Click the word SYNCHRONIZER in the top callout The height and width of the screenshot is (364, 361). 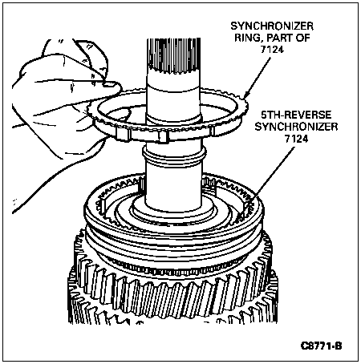pyautogui.click(x=272, y=26)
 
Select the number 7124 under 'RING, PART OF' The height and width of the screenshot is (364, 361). pyautogui.click(x=272, y=50)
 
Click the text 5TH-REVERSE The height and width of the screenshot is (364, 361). pyautogui.click(x=296, y=115)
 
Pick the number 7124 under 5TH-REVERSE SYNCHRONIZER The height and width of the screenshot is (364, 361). pyautogui.click(x=296, y=139)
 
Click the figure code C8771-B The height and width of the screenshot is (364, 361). pyautogui.click(x=321, y=346)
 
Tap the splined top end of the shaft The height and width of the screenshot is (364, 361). pyautogui.click(x=173, y=55)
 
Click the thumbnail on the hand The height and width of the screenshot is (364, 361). pyautogui.click(x=111, y=85)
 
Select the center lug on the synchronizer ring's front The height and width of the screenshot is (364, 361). pyautogui.click(x=164, y=136)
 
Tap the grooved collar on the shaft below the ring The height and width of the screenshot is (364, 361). pyautogui.click(x=174, y=156)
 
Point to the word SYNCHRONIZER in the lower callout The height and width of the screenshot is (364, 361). pyautogui.click(x=296, y=127)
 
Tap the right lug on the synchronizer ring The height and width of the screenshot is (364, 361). pyautogui.click(x=212, y=131)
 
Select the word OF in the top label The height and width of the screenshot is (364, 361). pyautogui.click(x=303, y=38)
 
